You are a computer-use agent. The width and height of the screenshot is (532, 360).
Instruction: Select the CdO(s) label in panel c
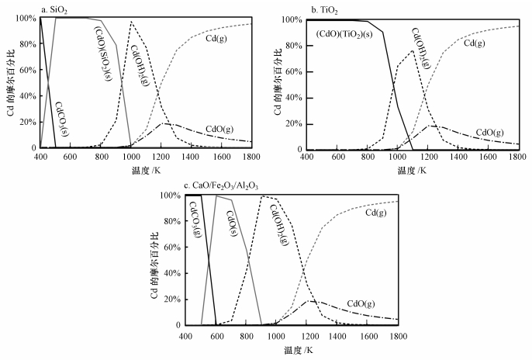click(230, 223)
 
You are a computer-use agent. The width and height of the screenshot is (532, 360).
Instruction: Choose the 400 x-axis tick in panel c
click(185, 335)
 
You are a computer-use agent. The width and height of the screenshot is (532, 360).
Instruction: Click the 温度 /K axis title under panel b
click(412, 171)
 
